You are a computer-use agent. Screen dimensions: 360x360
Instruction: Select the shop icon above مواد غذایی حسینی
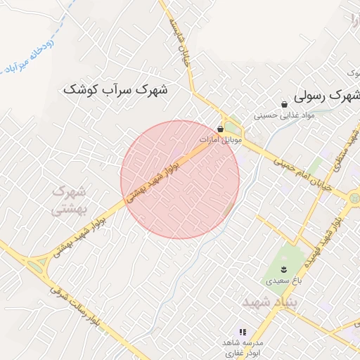[x=284, y=104]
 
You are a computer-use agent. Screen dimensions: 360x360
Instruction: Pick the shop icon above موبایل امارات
[x=221, y=129]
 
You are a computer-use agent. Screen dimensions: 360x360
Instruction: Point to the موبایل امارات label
[x=221, y=140]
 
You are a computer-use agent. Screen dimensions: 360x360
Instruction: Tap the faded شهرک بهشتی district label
[x=69, y=200]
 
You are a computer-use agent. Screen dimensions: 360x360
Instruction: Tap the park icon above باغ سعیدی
[x=283, y=270]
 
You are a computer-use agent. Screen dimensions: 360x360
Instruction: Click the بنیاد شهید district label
[x=271, y=302]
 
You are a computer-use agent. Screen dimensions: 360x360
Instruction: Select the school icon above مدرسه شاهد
[x=243, y=331]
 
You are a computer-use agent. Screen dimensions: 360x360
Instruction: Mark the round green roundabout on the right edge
[x=354, y=199]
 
